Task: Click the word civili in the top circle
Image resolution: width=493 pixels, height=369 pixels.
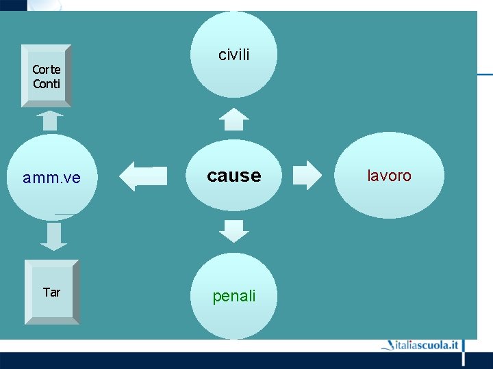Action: (x=234, y=55)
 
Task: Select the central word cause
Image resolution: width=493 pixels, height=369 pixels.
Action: (x=234, y=176)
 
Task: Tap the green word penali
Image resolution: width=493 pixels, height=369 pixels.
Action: (x=234, y=296)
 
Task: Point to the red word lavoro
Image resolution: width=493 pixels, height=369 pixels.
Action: (x=389, y=176)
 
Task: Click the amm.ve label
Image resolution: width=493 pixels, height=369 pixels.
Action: (x=51, y=178)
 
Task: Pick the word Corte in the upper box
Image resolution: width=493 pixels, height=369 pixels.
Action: (x=47, y=70)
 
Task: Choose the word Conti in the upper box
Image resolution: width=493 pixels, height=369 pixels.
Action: (x=47, y=84)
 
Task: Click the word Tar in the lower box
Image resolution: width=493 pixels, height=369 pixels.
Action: (x=51, y=292)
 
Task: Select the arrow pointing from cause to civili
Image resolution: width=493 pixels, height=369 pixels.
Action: (x=234, y=120)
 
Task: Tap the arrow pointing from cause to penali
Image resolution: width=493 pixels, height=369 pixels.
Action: (x=234, y=231)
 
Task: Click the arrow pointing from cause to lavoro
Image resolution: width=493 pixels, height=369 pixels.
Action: (x=306, y=175)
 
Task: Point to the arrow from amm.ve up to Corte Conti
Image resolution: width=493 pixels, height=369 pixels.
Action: (x=49, y=121)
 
